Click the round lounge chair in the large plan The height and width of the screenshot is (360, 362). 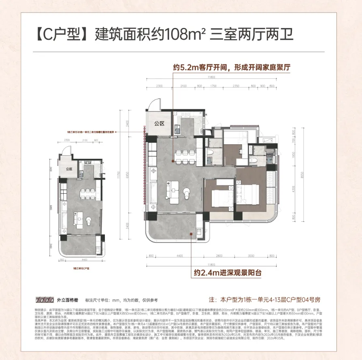pyautogui.click(x=187, y=194)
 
